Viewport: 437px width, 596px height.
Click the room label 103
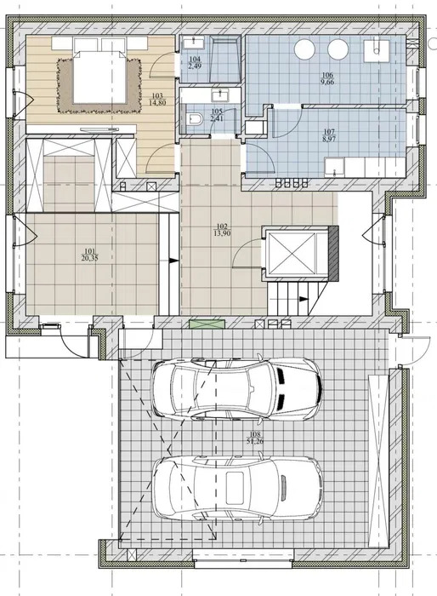[x=156, y=95]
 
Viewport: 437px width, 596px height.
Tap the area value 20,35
[x=88, y=258]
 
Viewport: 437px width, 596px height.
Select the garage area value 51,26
[x=255, y=441]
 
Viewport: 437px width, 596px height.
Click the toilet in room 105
[x=195, y=119]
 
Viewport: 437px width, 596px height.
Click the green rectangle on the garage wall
[x=207, y=324]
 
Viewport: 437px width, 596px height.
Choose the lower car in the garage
[x=238, y=487]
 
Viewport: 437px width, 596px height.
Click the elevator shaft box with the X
[x=292, y=253]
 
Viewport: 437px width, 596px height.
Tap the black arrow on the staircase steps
[x=303, y=299]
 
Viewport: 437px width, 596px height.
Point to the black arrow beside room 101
[x=173, y=261]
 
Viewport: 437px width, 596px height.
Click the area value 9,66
[x=326, y=82]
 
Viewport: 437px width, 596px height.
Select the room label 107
[x=329, y=132]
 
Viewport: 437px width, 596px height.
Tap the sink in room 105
[x=219, y=95]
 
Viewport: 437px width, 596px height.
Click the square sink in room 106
[x=376, y=51]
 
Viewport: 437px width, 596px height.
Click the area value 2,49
[x=195, y=66]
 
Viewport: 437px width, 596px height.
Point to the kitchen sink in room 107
[x=334, y=168]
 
